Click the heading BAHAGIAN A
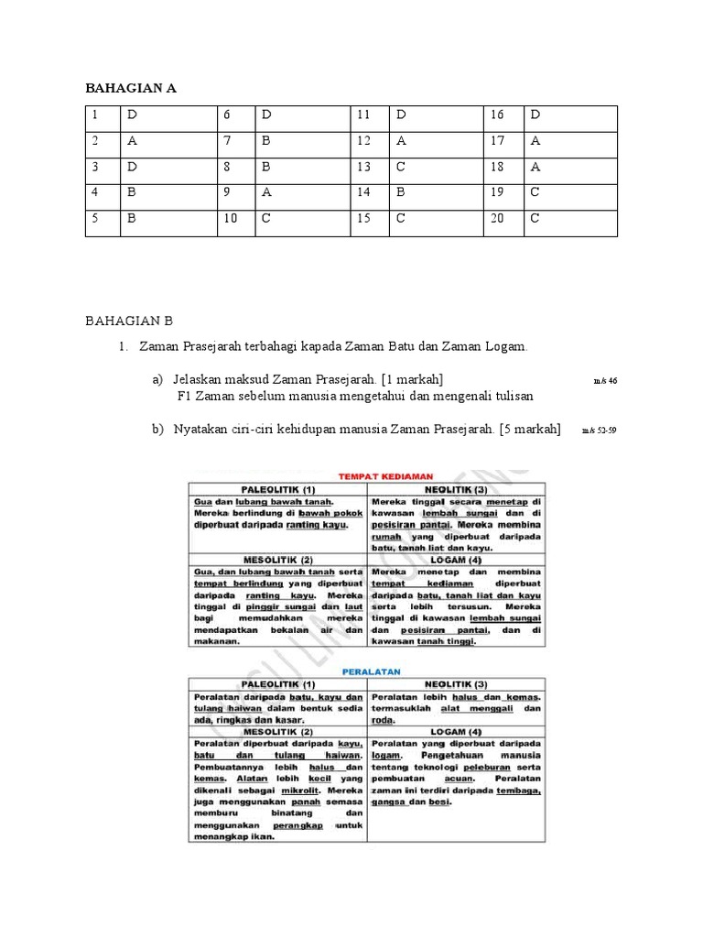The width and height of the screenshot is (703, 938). click(x=131, y=89)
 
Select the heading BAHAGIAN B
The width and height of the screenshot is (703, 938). click(x=129, y=321)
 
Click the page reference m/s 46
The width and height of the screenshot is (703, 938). click(x=605, y=380)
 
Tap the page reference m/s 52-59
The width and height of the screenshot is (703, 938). click(x=599, y=431)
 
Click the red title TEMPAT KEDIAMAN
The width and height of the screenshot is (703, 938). click(x=386, y=476)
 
